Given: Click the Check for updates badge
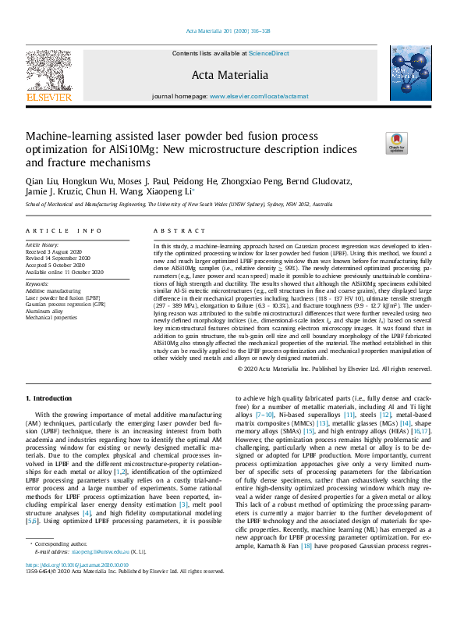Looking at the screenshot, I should pyautogui.click(x=395, y=142).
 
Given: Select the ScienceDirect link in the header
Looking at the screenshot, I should pyautogui.click(x=268, y=53).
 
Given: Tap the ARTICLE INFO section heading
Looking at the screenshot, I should pyautogui.click(x=64, y=231).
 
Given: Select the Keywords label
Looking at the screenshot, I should pyautogui.click(x=39, y=284).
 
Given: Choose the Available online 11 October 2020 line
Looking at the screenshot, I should pyautogui.click(x=65, y=272).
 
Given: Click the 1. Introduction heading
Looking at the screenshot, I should pyautogui.click(x=51, y=399).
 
